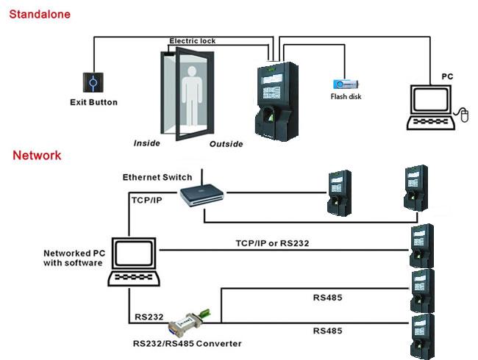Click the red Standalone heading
point(40,12)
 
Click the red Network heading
point(37,156)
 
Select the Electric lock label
point(193,41)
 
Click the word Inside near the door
point(146,143)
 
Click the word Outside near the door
point(226,144)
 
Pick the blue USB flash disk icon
point(343,84)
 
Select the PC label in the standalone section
point(447,76)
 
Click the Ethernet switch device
point(201,194)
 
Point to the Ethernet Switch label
point(157,177)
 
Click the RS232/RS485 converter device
point(188,321)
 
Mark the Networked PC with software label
point(73,258)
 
